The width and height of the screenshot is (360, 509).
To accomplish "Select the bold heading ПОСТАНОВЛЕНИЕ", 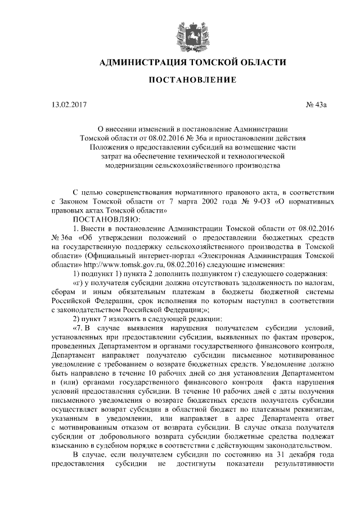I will (x=192, y=80).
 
